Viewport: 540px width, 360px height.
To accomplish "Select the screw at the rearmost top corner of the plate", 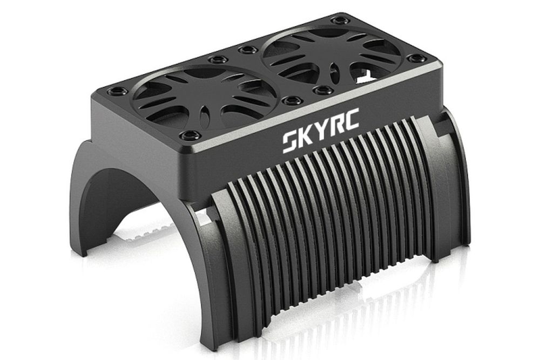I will (x=340, y=21).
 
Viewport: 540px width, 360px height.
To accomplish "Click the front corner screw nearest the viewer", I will (x=191, y=135).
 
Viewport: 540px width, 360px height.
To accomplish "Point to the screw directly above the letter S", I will (x=292, y=100).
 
